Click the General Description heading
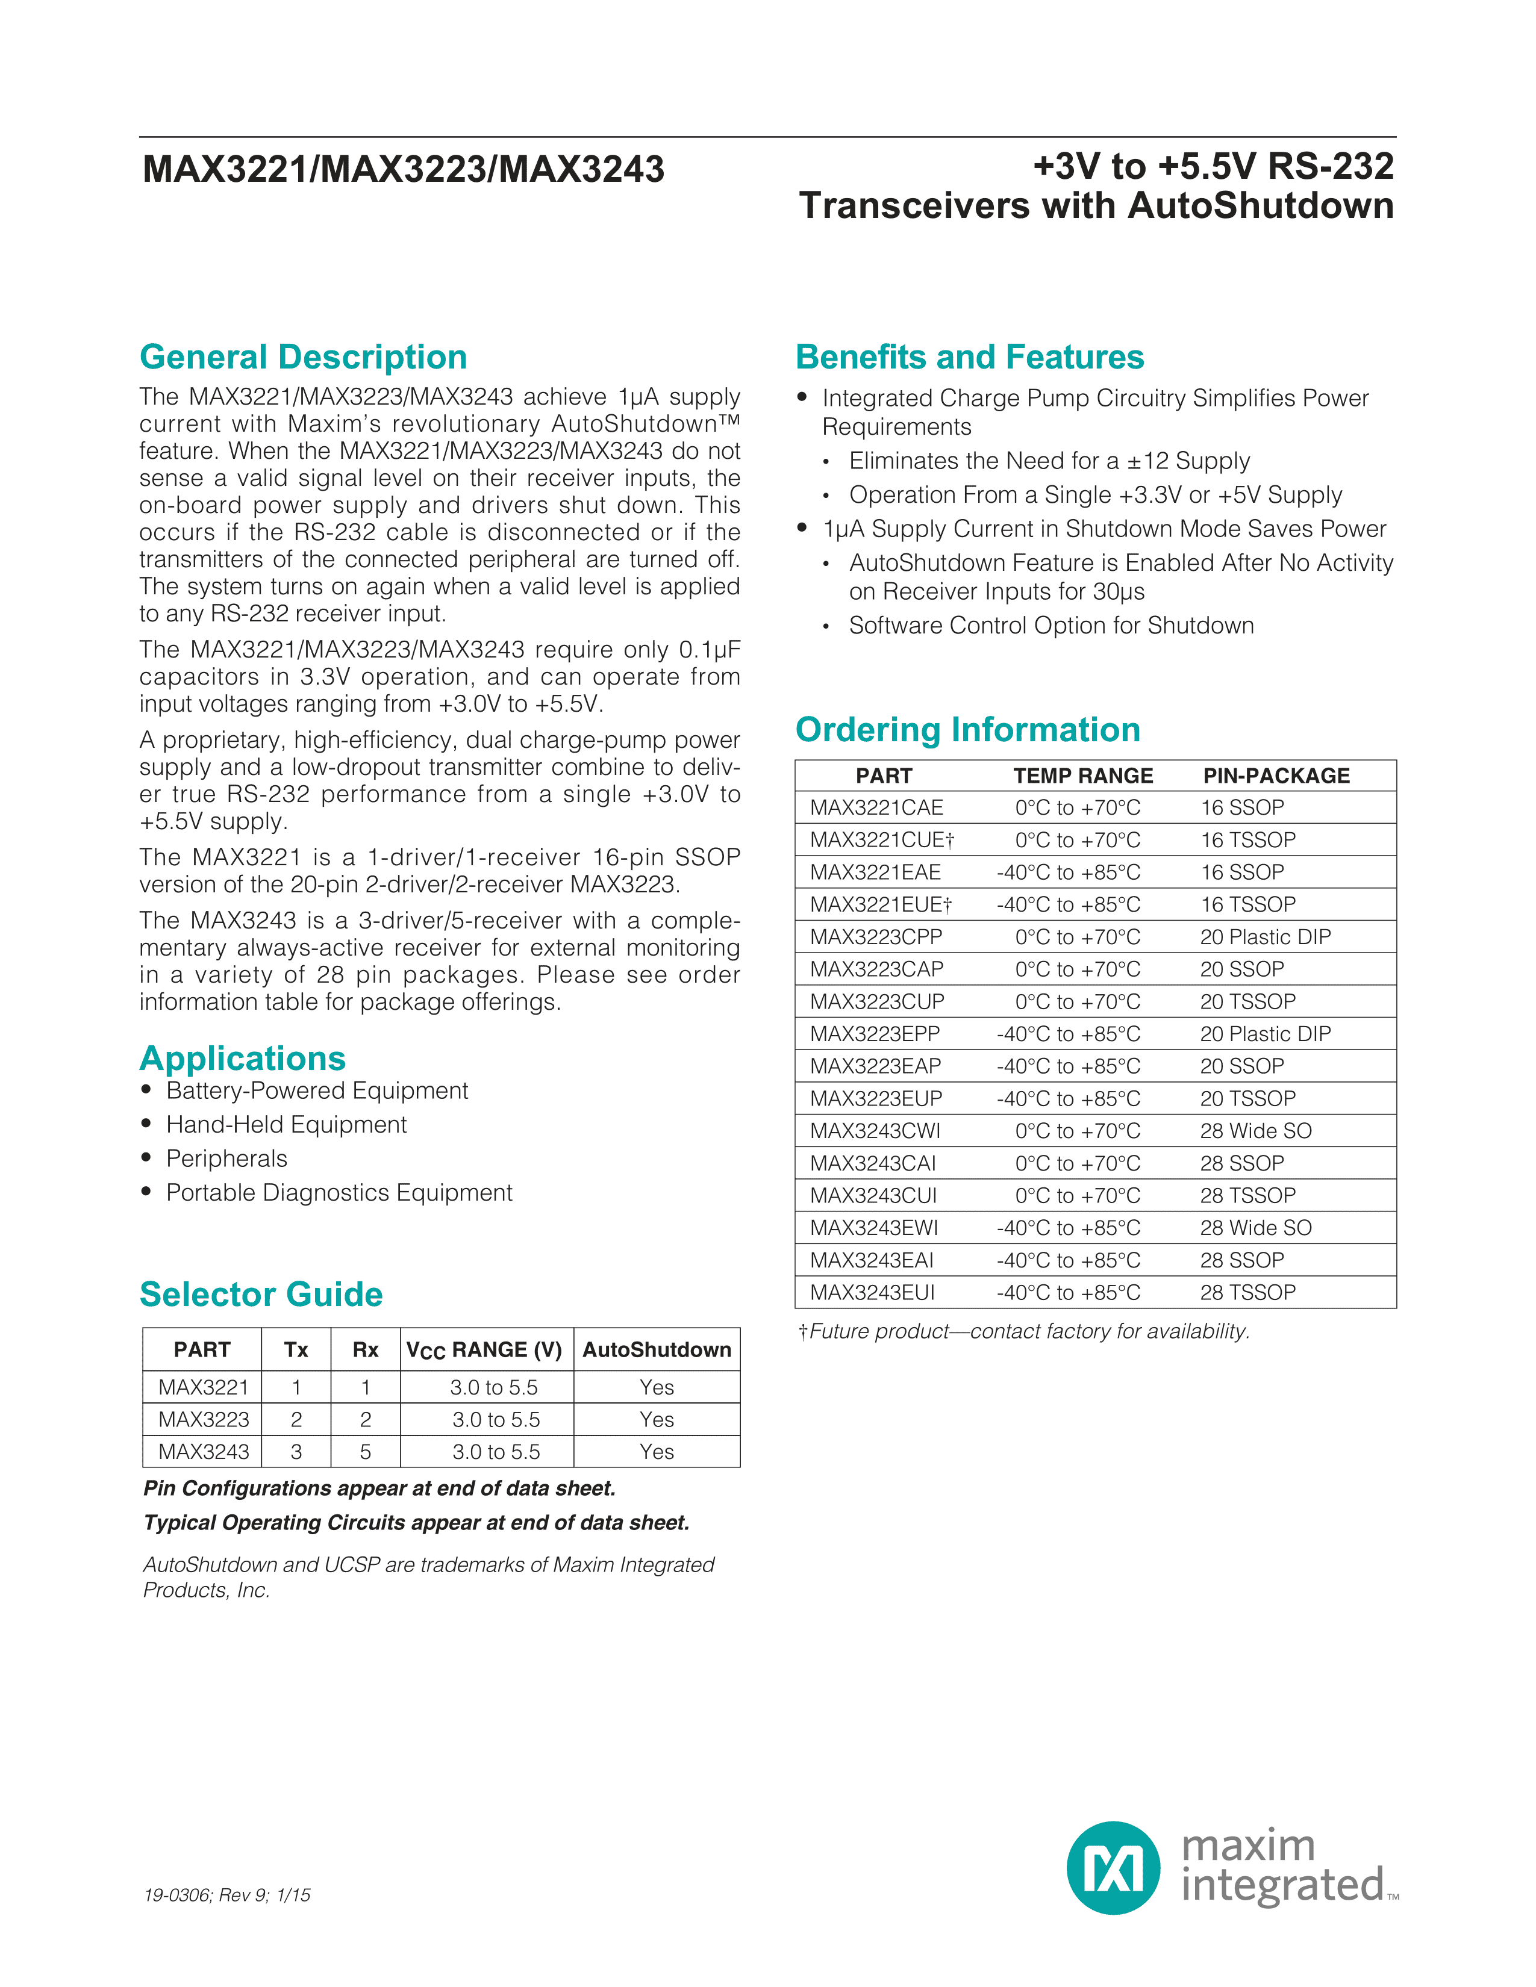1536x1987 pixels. [x=303, y=358]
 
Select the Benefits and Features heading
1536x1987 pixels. [x=969, y=358]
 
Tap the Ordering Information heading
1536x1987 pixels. [x=967, y=730]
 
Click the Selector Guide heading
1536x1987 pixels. [x=261, y=1294]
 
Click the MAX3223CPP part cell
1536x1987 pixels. [x=876, y=937]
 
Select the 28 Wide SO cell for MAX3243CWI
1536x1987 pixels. [x=1256, y=1131]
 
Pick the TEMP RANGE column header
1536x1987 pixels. [x=1083, y=776]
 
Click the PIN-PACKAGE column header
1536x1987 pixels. [x=1276, y=776]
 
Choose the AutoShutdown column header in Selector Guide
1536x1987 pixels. [x=656, y=1350]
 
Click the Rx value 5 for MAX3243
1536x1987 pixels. [x=366, y=1452]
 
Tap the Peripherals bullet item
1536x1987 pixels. [x=226, y=1159]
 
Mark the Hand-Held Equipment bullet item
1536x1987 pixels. [x=286, y=1125]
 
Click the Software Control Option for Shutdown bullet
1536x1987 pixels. [x=1051, y=626]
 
